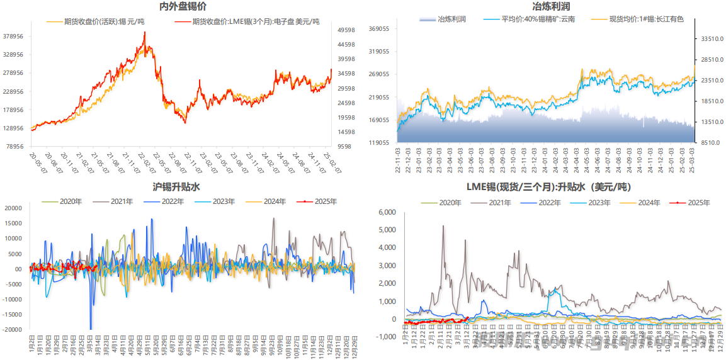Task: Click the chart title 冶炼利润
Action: pos(546,7)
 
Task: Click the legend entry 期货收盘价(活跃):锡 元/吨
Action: pos(105,21)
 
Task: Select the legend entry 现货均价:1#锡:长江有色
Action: pos(648,19)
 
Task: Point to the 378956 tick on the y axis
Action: pos(13,37)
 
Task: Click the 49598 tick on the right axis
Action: pos(346,30)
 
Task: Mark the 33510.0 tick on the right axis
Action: pos(711,39)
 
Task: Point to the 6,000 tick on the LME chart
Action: pos(386,213)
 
